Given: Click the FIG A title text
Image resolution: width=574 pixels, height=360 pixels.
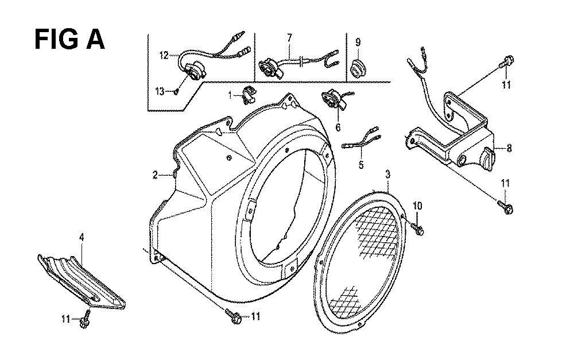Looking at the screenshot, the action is pyautogui.click(x=69, y=39).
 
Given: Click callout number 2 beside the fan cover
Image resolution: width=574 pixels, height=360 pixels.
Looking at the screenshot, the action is pyautogui.click(x=155, y=175).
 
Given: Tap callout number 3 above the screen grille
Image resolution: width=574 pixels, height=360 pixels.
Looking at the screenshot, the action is pyautogui.click(x=387, y=175).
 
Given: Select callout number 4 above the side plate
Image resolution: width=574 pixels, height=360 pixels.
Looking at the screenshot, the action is pyautogui.click(x=82, y=237).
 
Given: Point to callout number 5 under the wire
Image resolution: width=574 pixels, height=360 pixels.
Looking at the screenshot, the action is pyautogui.click(x=361, y=165).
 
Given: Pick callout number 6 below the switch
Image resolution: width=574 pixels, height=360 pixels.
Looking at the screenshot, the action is pyautogui.click(x=338, y=127).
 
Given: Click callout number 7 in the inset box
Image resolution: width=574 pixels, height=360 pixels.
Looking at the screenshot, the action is pyautogui.click(x=289, y=38).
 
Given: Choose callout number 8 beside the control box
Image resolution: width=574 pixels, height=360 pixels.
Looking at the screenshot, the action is pyautogui.click(x=509, y=148).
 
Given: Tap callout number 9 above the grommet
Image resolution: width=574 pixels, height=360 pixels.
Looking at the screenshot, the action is pyautogui.click(x=358, y=42).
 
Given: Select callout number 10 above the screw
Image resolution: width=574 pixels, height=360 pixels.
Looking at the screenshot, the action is pyautogui.click(x=417, y=206).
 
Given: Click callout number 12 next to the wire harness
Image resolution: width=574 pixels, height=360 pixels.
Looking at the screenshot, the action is pyautogui.click(x=164, y=56).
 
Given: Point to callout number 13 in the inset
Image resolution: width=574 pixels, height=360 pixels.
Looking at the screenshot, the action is pyautogui.click(x=160, y=91).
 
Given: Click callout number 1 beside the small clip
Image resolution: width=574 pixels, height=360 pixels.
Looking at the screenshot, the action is pyautogui.click(x=230, y=95).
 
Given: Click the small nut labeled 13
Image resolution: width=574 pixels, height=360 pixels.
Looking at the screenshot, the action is pyautogui.click(x=177, y=91).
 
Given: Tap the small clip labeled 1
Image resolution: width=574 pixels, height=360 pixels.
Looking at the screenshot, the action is pyautogui.click(x=248, y=95).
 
